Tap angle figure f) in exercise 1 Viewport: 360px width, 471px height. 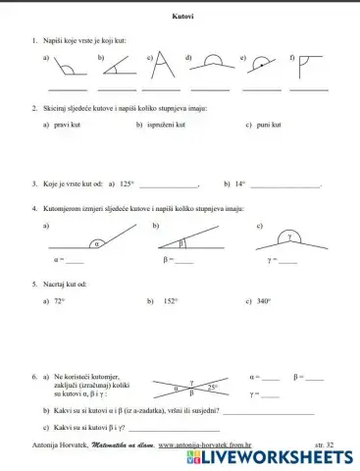click(309, 67)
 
